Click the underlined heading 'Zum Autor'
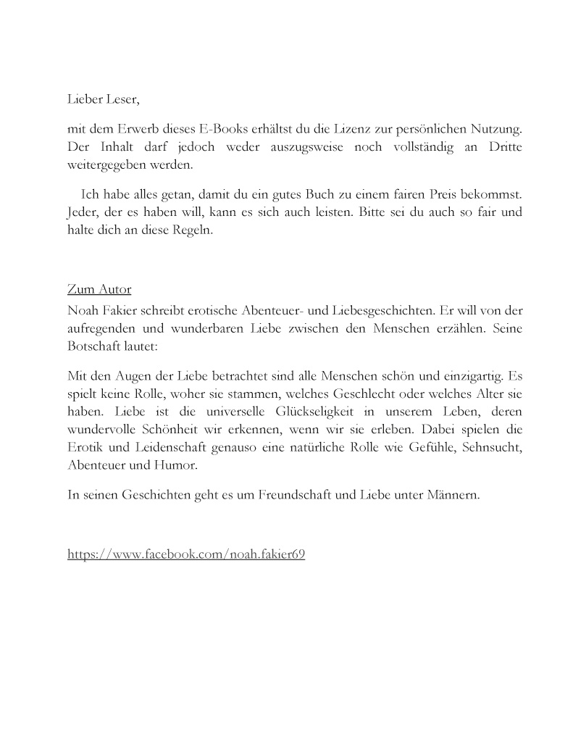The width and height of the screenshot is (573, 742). tap(99, 289)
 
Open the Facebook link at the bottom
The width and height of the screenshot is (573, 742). tap(186, 554)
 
